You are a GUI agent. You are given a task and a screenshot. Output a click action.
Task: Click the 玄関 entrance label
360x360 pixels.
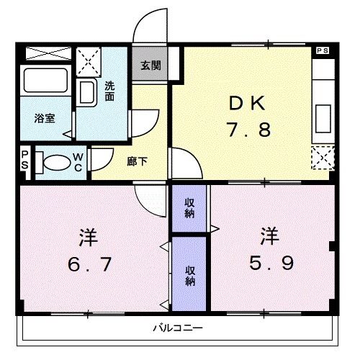[x=150, y=66]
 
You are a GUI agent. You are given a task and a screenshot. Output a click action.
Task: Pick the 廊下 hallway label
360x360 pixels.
[x=138, y=161]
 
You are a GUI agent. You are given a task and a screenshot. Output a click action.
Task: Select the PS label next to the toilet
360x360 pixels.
[x=24, y=159]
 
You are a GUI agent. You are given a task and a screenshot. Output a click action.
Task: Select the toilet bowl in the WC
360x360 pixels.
[x=53, y=163]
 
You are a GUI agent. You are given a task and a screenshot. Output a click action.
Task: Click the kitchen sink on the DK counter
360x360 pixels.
[x=323, y=117]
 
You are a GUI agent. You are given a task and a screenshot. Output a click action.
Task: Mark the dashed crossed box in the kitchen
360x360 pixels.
[x=323, y=157]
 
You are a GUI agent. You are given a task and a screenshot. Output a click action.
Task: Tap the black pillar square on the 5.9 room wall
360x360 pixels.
[x=332, y=247]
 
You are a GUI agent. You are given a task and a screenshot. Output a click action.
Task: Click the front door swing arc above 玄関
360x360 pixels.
[x=149, y=29]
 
